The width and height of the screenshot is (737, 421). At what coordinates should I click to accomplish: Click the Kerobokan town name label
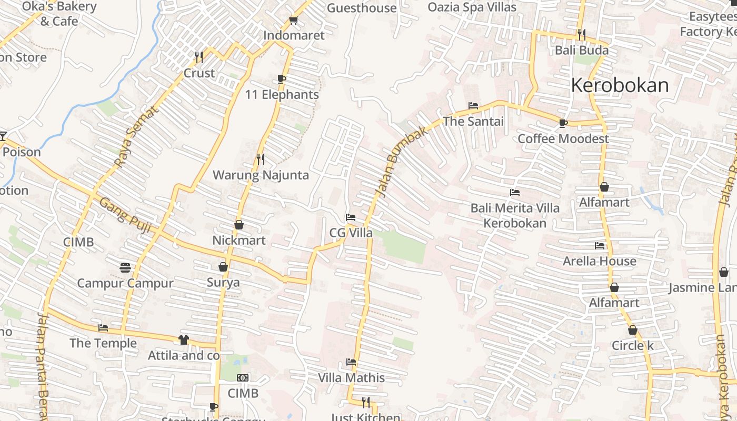point(620,85)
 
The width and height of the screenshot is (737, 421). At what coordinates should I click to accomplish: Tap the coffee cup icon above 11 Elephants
point(282,79)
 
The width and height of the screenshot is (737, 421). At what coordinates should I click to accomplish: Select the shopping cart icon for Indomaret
point(293,21)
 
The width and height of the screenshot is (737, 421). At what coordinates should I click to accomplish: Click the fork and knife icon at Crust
point(199,57)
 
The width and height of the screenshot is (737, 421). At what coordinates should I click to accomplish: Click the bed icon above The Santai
point(473,106)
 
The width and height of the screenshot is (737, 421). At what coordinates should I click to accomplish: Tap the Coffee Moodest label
point(563,138)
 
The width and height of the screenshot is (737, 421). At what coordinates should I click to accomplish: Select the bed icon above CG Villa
point(351,217)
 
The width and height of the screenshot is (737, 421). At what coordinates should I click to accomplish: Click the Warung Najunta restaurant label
point(261,175)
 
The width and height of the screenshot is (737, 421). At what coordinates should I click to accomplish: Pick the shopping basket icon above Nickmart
point(239,225)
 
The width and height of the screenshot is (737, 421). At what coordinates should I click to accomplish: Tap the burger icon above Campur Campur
point(125,268)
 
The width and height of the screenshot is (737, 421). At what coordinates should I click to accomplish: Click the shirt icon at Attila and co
point(183,340)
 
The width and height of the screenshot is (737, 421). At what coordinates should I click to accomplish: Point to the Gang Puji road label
point(125,216)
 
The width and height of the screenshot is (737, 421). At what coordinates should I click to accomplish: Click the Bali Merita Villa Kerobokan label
point(515,215)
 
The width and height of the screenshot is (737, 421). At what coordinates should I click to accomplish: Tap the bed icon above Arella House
point(600,246)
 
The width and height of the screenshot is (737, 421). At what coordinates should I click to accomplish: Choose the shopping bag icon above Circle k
point(633,330)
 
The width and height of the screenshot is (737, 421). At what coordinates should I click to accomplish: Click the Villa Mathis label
point(351,378)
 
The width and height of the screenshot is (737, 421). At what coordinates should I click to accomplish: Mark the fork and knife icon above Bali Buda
point(582,35)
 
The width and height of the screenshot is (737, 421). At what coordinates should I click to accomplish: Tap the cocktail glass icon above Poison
point(3,136)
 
